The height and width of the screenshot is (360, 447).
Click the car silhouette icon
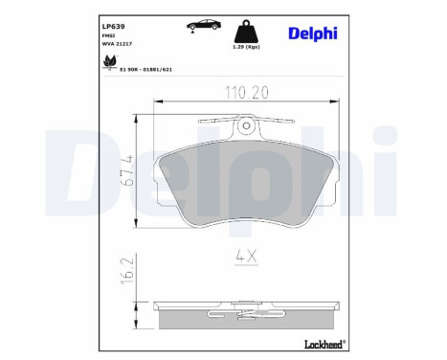179,23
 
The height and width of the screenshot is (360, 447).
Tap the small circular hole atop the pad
248,124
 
